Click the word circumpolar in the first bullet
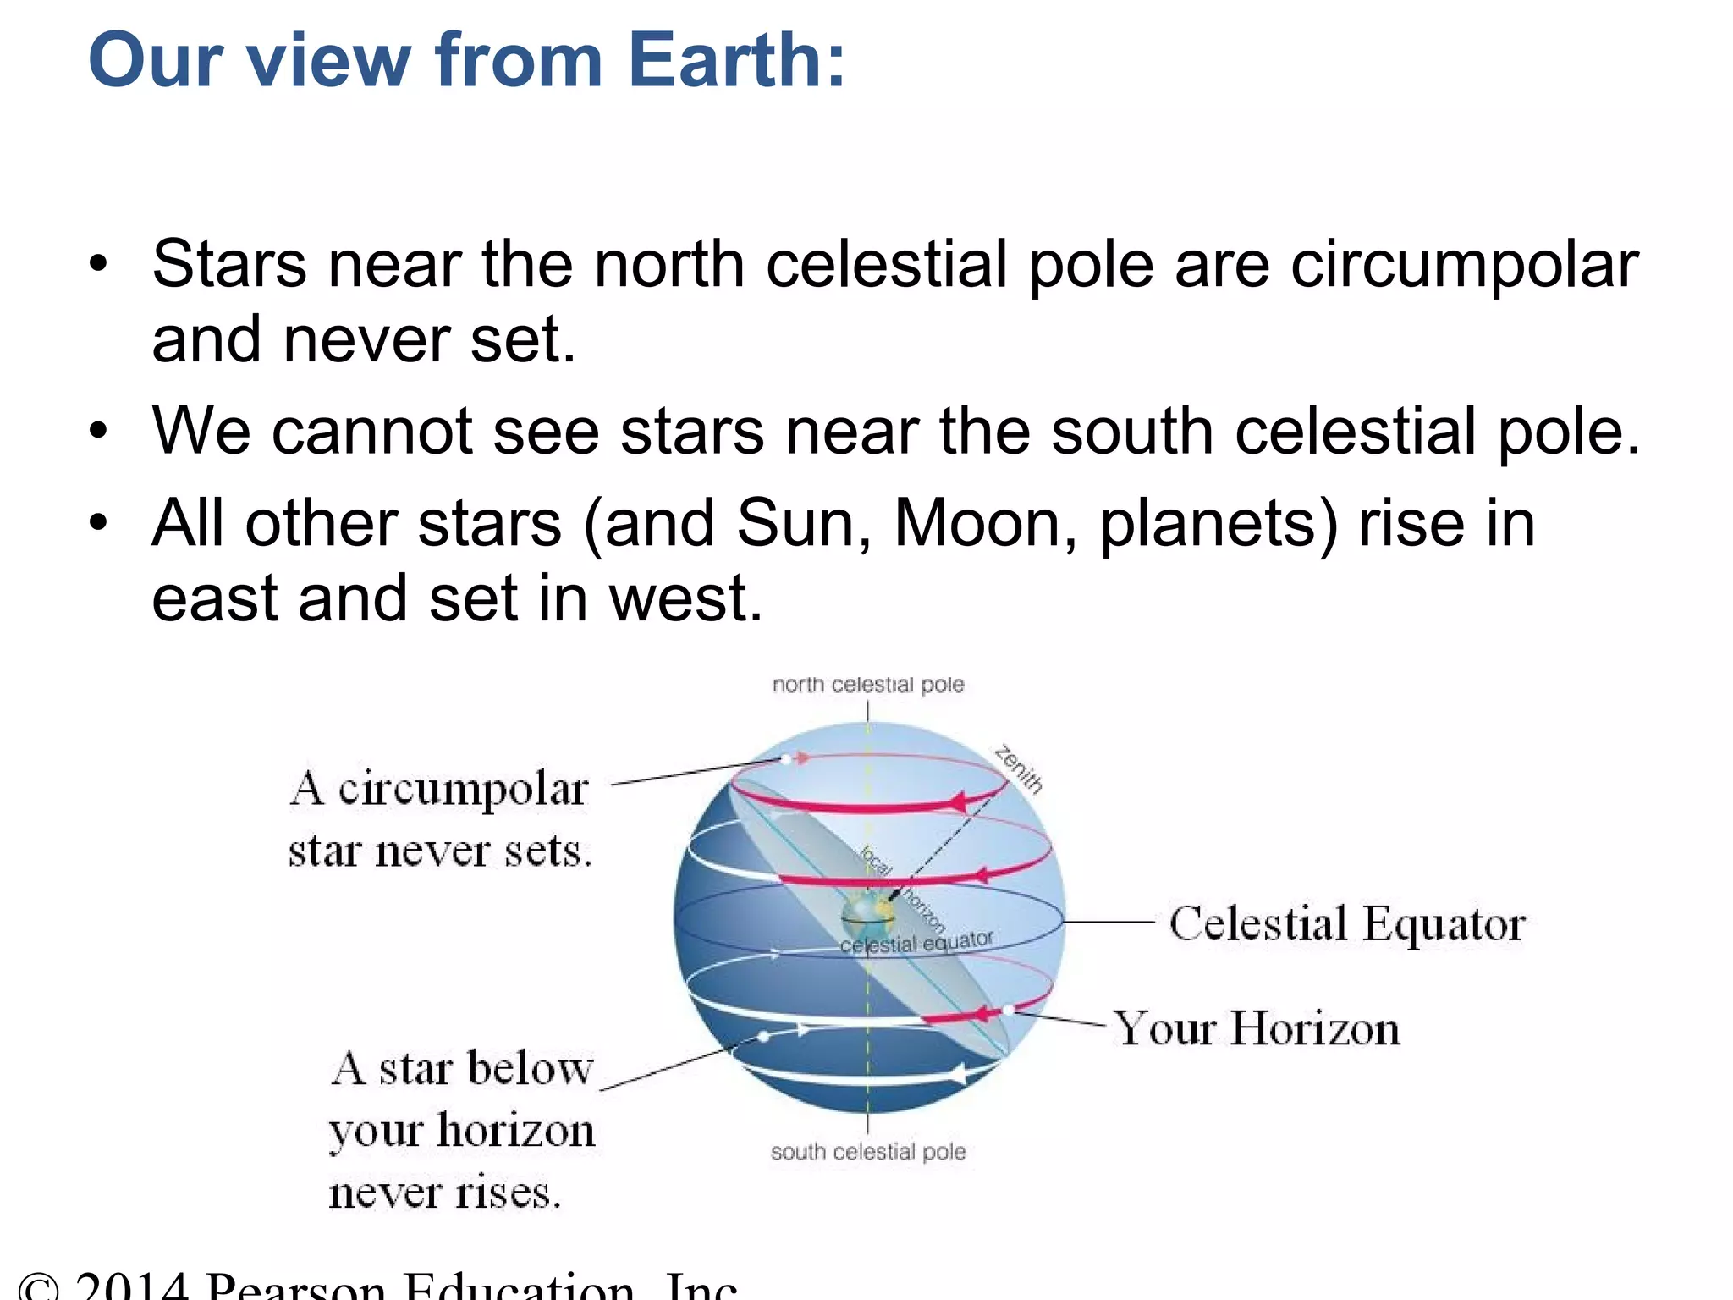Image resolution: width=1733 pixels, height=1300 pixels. tap(1464, 265)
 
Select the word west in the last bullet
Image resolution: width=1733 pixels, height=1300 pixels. tap(685, 598)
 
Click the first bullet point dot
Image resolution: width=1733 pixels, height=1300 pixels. tap(99, 265)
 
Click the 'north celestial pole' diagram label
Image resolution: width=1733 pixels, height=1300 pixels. tap(868, 685)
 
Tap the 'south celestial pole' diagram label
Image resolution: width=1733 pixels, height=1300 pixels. tap(868, 1152)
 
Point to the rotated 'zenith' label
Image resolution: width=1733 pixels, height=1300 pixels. tap(1019, 768)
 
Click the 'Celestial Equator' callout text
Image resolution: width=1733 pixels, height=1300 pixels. tap(1347, 923)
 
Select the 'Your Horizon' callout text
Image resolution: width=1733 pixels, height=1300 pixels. tap(1257, 1029)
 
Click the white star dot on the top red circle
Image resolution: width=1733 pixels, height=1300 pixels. tap(786, 759)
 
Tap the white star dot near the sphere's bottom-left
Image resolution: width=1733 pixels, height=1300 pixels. tap(764, 1036)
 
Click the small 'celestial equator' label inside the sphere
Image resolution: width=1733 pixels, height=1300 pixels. tap(916, 943)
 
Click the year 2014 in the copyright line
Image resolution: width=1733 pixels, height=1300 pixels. tap(131, 1286)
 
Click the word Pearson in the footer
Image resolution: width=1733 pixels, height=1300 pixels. tap(296, 1286)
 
